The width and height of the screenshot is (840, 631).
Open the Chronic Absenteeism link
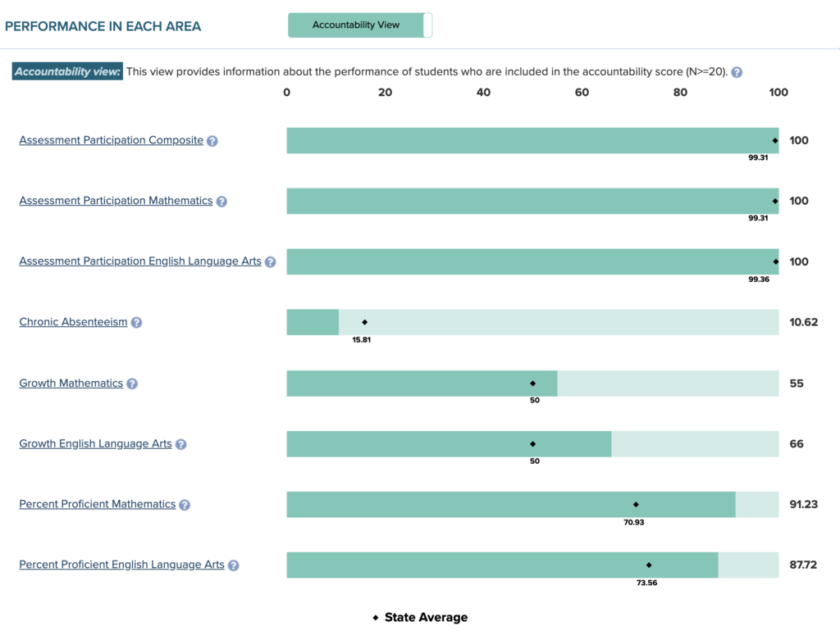coord(73,322)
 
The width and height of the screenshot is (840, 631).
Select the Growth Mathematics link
coord(71,383)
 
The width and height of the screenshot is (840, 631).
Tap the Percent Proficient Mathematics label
coord(98,504)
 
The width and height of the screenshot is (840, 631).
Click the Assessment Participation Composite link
coord(111,140)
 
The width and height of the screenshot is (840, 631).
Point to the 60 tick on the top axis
coord(582,93)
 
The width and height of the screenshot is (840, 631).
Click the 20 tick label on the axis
coord(385,93)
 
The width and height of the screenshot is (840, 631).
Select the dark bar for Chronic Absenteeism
coord(313,322)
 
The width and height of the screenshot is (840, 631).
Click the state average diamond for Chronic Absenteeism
coord(365,322)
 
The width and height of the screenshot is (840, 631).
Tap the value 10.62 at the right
coord(804,322)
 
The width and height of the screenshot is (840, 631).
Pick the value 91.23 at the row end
coord(804,504)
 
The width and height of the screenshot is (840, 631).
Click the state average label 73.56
coord(646,583)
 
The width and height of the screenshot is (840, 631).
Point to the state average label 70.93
coord(633,522)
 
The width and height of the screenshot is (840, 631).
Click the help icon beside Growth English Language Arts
coord(181,444)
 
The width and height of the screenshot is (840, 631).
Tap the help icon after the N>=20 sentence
coord(737,72)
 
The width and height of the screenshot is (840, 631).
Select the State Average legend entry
coord(420,617)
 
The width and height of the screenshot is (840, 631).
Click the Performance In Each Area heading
coord(103,26)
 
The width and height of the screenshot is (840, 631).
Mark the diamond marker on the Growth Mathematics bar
coord(532,383)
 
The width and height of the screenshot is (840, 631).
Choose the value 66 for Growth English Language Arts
coord(797,443)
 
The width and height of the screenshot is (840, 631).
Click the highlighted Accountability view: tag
coord(67,71)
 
